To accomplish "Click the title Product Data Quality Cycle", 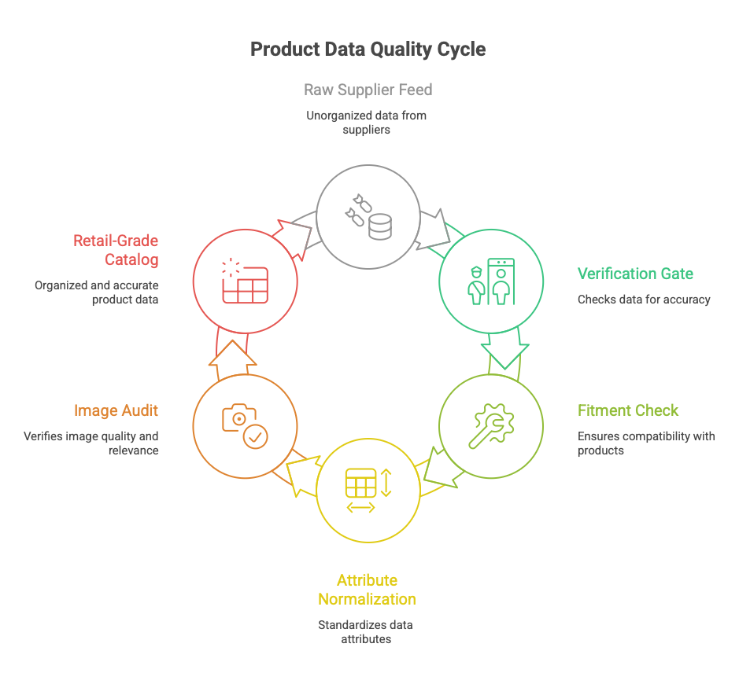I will (x=368, y=50).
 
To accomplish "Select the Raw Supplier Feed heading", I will (x=368, y=90).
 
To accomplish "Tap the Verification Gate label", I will (x=635, y=274).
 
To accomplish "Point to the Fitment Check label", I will (x=627, y=410).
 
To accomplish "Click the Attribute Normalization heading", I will (x=367, y=590).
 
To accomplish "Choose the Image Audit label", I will (x=116, y=410).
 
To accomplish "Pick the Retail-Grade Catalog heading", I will (x=116, y=250).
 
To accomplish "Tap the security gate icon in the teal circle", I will (x=490, y=281).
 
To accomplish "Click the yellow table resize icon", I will (x=368, y=490).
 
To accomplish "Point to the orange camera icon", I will (x=245, y=426).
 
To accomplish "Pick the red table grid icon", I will (x=245, y=281).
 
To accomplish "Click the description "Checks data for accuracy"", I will (x=644, y=300).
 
